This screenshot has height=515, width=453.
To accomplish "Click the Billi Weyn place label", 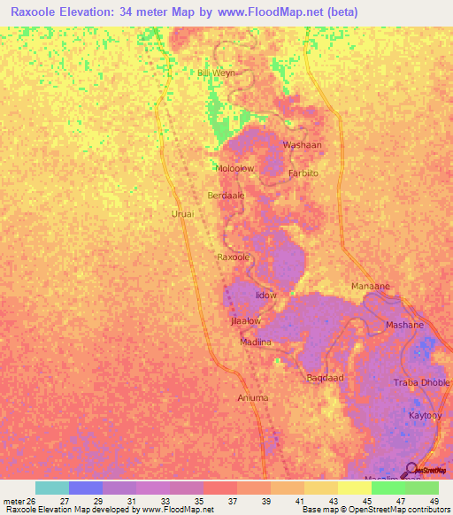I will tap(217, 73).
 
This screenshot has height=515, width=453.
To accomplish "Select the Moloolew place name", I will tap(234, 167).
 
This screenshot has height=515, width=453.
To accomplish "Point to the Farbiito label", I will tap(303, 173).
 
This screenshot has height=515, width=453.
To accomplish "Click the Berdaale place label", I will tap(226, 195).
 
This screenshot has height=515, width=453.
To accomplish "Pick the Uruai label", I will tap(182, 213).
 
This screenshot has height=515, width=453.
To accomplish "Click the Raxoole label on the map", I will tap(235, 257).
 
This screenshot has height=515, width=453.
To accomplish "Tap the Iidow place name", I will tap(266, 295).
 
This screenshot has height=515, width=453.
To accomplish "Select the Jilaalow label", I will tap(245, 321).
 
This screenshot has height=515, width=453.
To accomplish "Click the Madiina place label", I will tap(256, 342).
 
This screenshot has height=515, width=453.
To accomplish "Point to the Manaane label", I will tap(371, 288).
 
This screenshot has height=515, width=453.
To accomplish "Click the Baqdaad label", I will tap(325, 378).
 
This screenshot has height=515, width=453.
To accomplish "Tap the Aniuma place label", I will tap(253, 398).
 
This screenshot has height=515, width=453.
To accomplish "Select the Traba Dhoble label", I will tap(422, 382).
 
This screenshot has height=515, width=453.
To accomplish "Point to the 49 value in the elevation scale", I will tap(434, 500).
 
